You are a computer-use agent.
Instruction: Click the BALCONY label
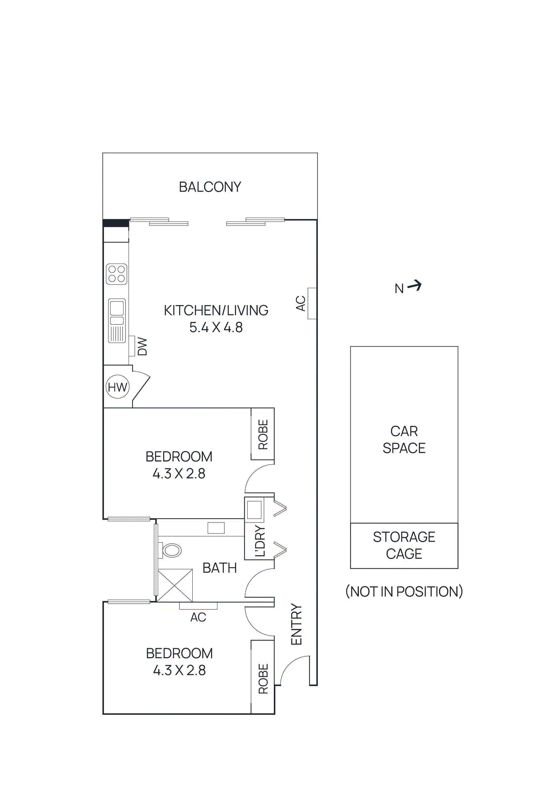point(210,187)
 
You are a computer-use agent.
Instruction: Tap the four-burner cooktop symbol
point(117,274)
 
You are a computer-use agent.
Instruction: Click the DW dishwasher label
point(142,347)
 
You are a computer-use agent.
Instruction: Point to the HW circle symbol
point(118,387)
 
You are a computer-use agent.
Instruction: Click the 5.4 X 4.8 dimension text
point(216,327)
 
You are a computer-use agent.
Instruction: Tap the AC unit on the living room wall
point(312,303)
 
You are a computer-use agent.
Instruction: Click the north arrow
point(414,285)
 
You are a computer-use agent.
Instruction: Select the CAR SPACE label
point(404,439)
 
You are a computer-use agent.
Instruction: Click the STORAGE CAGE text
point(404,545)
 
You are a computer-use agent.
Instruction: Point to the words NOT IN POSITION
point(404,591)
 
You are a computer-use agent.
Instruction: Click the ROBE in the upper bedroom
point(263,434)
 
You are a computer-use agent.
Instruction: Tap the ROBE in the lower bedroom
point(263,678)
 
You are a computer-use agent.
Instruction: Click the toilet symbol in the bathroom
point(171,550)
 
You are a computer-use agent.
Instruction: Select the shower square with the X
point(175,585)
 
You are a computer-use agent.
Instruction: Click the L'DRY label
point(260,541)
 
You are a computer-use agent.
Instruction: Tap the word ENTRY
point(296,624)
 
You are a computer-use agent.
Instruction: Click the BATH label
point(219,568)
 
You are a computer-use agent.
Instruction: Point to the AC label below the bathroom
point(198,617)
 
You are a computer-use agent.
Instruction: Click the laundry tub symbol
point(254,509)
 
